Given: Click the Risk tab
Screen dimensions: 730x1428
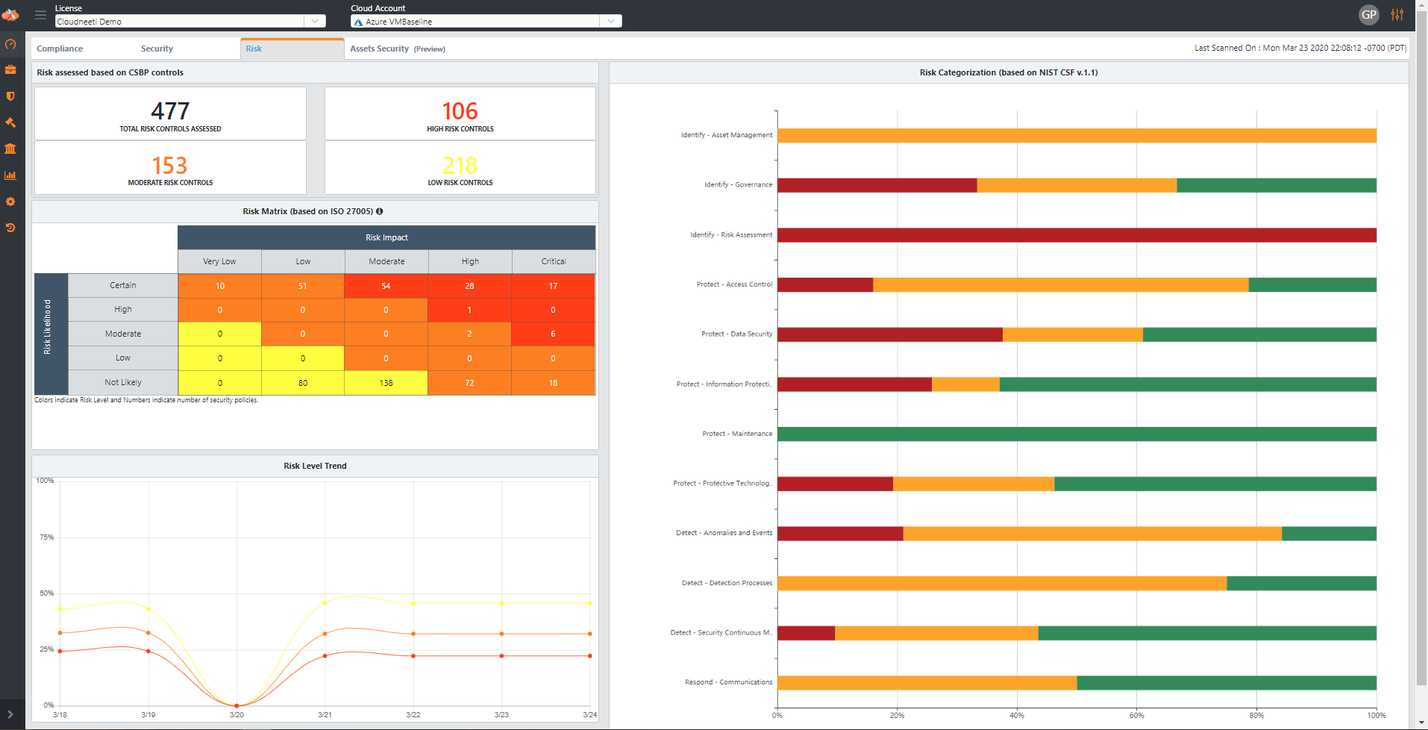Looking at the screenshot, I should [254, 49].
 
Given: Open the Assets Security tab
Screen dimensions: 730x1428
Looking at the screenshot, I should [380, 49].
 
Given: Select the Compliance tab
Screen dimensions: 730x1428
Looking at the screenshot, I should [60, 49].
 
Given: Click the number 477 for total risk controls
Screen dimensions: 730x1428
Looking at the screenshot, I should [170, 111].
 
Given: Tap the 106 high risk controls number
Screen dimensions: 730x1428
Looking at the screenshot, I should [460, 111].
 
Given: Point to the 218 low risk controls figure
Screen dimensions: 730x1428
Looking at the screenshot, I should [460, 165].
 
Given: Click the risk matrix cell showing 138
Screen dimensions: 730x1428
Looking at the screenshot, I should [386, 383].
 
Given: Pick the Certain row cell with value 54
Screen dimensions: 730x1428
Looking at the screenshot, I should [386, 286].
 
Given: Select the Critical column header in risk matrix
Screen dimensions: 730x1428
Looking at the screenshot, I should [554, 261].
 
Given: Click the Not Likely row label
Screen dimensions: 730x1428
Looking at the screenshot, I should [123, 382].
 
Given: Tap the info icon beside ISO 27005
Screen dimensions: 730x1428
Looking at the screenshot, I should [379, 211].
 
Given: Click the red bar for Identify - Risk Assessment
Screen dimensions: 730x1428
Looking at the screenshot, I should [1077, 235].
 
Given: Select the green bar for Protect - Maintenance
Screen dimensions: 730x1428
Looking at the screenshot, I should [1077, 434].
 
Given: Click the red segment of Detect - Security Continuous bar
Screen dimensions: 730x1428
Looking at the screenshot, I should [806, 633].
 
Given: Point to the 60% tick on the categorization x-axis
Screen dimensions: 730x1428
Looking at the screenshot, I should [1136, 715].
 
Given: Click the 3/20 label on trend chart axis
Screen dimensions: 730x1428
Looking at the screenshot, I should [237, 714].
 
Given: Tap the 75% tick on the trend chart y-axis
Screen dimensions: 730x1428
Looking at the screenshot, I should [46, 537].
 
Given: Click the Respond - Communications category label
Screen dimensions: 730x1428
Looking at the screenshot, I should [728, 682].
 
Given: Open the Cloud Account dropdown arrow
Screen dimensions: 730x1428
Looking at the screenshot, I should [611, 22].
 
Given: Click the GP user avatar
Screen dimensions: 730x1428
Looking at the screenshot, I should [1368, 14].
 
